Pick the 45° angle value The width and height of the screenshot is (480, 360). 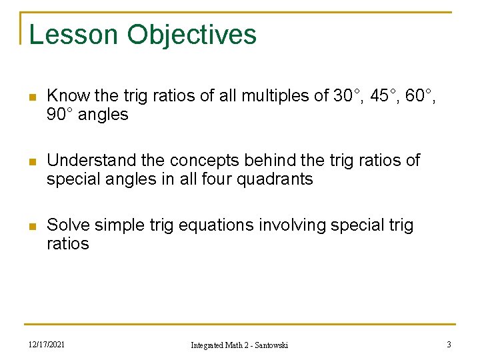[386, 96]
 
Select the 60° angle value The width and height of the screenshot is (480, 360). [423, 96]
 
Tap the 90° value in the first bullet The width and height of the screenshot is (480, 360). [60, 115]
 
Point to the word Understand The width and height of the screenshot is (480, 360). [89, 161]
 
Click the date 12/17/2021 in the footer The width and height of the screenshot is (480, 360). [47, 344]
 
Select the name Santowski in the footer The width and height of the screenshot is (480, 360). [267, 345]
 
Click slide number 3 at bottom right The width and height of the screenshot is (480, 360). [449, 344]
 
